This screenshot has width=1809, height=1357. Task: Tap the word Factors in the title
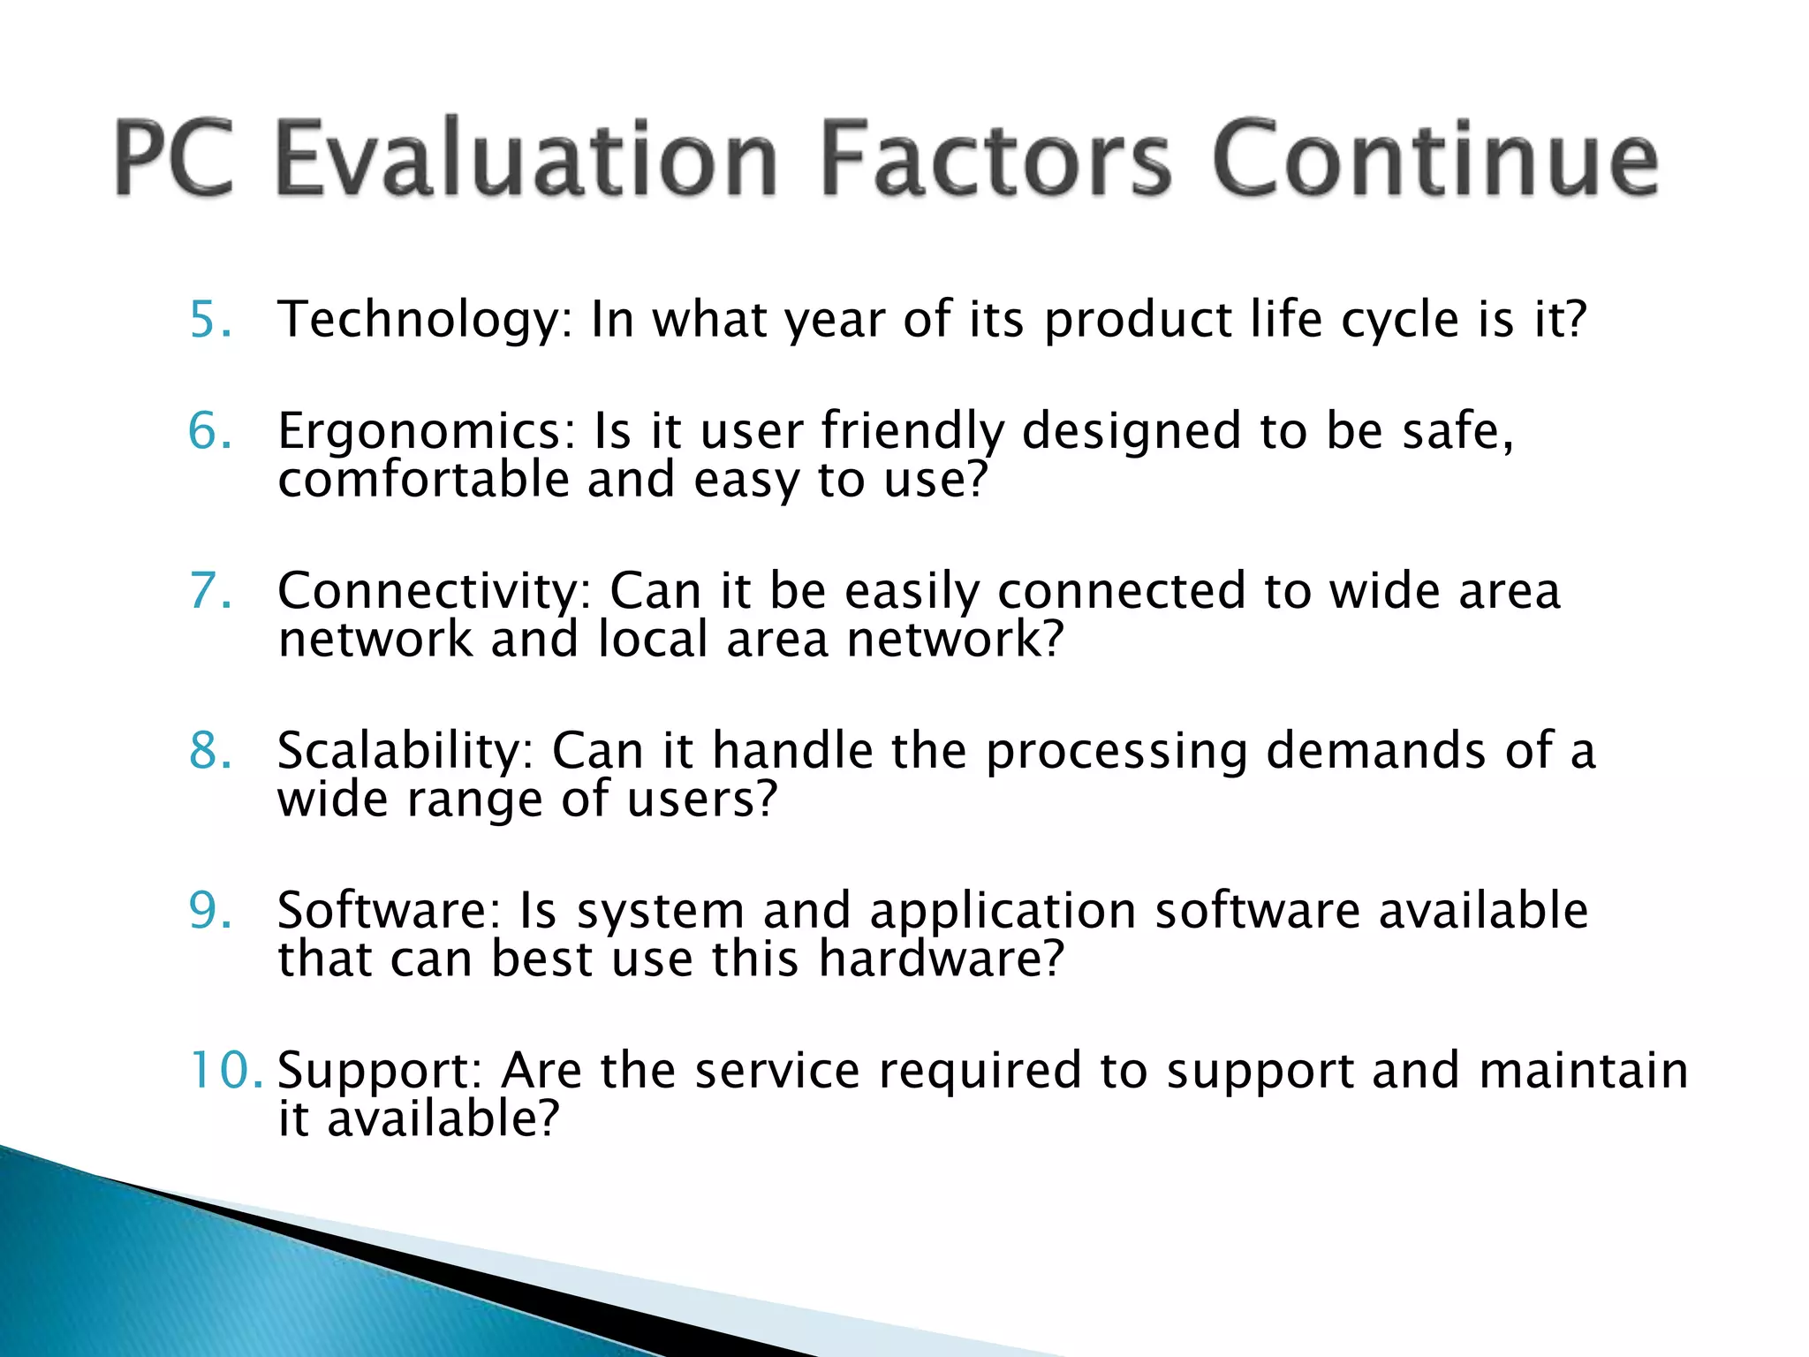coord(995,159)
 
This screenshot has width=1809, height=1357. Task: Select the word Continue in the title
coord(1434,159)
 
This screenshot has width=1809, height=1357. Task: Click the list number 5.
coord(210,319)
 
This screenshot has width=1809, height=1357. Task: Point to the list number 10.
coord(225,1070)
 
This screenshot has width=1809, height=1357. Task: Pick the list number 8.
coord(210,750)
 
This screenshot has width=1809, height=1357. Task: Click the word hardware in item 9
coord(941,959)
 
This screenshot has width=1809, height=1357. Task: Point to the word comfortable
coord(423,480)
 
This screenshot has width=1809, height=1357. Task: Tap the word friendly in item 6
coord(912,433)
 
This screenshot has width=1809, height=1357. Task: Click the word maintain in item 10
coord(1583,1070)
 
